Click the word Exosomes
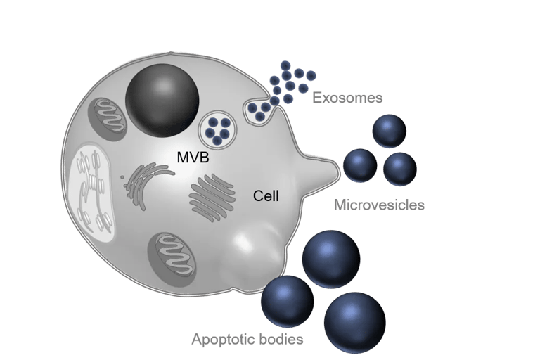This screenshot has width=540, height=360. point(347,98)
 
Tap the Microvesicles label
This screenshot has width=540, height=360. point(379,205)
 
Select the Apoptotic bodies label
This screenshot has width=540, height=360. point(247,340)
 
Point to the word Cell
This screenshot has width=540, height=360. point(266,197)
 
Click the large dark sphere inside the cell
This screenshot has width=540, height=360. point(162,101)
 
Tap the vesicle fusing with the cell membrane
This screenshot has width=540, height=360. point(261,111)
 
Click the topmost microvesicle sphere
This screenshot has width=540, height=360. point(389,131)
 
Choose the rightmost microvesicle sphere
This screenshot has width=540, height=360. point(400,169)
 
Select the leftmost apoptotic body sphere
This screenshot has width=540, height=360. point(287,301)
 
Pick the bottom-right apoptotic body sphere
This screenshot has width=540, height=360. point(354,321)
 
